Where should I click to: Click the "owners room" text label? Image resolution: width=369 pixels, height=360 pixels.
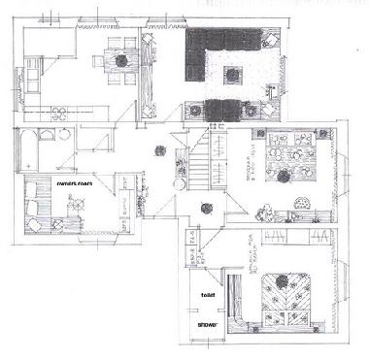click(73, 181)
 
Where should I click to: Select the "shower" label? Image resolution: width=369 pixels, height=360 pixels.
click(208, 323)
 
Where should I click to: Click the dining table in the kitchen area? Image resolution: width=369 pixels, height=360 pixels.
click(122, 60)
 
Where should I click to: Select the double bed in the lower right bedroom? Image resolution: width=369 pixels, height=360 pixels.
click(287, 296)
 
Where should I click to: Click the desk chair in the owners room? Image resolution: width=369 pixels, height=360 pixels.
click(76, 202)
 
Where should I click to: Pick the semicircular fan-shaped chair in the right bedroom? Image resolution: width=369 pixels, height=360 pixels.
click(305, 205)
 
